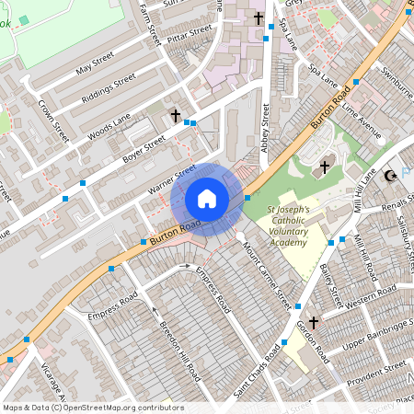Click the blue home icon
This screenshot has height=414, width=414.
coord(207,198)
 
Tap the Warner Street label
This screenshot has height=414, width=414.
coord(172,179)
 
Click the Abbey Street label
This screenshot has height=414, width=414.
coord(266,125)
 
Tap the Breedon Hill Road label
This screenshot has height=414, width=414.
coord(180,351)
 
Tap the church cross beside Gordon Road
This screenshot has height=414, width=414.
coord(314,323)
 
